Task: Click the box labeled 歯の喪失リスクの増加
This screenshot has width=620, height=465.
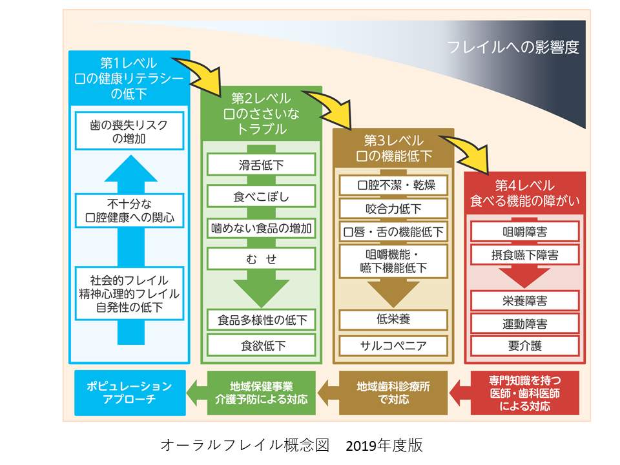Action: [129, 131]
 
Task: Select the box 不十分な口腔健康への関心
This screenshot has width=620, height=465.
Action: [129, 211]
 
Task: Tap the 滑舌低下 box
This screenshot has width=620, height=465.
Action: [262, 165]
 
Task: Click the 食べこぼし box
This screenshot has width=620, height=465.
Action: [262, 196]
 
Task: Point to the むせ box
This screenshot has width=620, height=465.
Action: [262, 259]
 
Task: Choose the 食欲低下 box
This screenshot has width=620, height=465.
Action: [262, 345]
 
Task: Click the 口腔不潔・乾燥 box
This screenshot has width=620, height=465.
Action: [393, 185]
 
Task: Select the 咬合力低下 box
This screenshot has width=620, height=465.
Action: [393, 209]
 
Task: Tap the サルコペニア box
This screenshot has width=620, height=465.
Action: [393, 345]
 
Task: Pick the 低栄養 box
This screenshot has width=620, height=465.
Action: [393, 319]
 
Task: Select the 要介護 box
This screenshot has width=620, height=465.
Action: [524, 345]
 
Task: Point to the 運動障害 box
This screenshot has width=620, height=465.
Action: [524, 323]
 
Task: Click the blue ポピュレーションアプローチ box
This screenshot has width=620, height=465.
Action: [129, 392]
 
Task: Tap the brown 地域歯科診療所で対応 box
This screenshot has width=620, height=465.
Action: [394, 392]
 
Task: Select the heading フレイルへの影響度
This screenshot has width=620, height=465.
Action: [513, 47]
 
